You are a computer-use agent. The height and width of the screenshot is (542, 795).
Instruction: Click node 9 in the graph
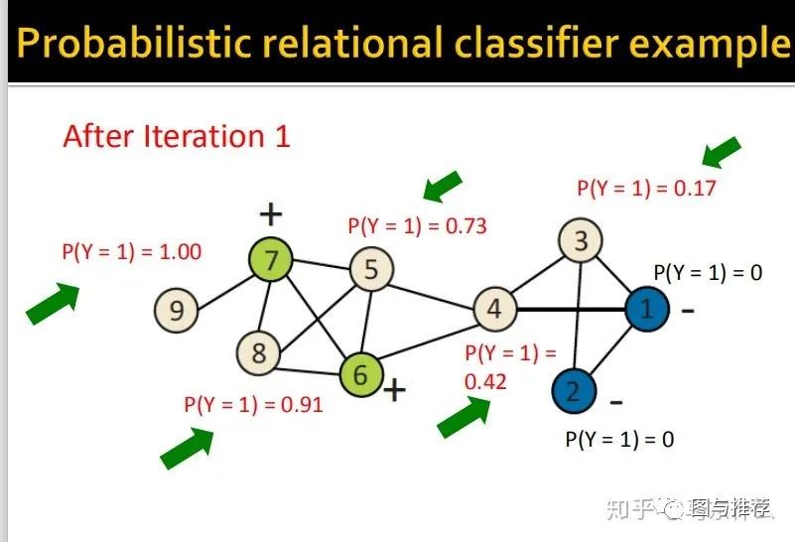177,311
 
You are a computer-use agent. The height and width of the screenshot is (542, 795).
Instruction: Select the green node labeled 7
272,261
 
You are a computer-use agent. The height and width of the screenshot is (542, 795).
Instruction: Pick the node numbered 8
259,352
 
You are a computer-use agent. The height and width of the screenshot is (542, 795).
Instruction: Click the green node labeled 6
361,374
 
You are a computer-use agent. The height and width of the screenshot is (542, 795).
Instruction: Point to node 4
493,309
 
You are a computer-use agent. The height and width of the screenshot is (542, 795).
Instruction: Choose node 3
582,239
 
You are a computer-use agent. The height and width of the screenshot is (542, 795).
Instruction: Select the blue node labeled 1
646,310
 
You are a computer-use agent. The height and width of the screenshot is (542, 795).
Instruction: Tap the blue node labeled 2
572,391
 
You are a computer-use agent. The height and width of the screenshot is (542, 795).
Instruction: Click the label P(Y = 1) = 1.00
131,251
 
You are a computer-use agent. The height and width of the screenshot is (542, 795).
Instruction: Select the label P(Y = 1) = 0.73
417,225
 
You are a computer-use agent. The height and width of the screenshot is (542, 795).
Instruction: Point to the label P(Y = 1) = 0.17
646,188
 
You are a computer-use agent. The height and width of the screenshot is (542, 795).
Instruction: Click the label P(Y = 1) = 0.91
253,405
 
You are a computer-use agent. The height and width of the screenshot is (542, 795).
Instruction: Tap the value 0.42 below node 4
485,381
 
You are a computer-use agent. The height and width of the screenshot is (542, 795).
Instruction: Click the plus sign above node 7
270,212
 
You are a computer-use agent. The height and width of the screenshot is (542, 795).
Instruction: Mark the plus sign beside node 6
394,389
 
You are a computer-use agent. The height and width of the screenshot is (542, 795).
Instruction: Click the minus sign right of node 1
688,310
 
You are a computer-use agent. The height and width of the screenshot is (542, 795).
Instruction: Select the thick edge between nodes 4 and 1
570,310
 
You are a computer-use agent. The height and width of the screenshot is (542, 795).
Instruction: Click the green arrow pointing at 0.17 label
722,152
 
